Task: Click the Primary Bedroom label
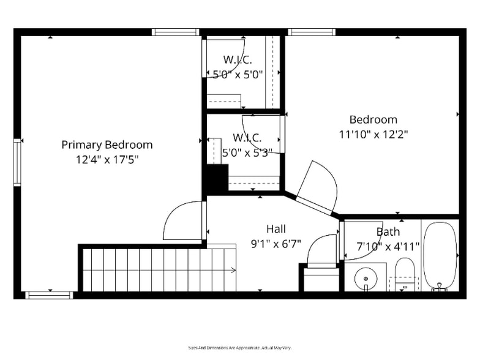tap(107, 145)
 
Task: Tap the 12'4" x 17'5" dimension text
tap(107, 159)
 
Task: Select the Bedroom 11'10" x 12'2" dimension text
tap(373, 133)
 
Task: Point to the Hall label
tap(276, 229)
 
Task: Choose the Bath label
tap(388, 231)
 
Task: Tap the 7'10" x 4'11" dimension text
tap(388, 247)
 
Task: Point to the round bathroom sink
tap(366, 279)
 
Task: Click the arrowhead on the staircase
tap(234, 269)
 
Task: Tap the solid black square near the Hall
tap(216, 179)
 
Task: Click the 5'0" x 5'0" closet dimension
tap(238, 75)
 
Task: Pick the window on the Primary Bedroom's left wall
tap(17, 162)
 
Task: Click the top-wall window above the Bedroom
tap(311, 32)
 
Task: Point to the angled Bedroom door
tap(317, 187)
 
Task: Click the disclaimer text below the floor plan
tap(239, 347)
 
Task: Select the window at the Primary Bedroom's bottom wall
tap(49, 295)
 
